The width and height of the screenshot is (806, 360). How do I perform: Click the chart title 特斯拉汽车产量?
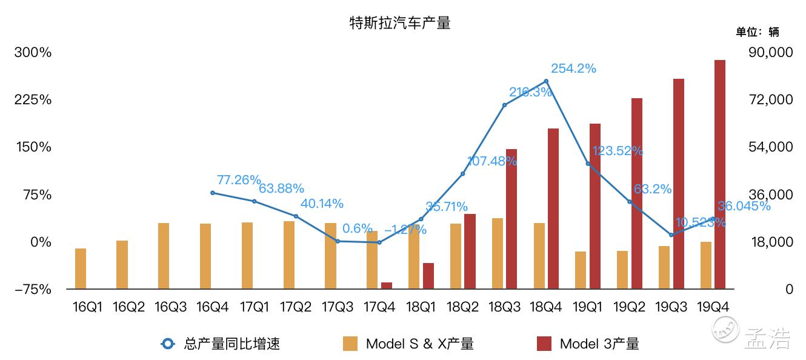pyautogui.click(x=400, y=24)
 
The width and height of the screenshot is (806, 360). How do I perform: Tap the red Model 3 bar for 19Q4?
pyautogui.click(x=719, y=175)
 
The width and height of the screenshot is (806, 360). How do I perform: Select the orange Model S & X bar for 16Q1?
pyautogui.click(x=81, y=268)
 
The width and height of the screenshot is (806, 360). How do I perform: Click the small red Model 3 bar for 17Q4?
pyautogui.click(x=387, y=285)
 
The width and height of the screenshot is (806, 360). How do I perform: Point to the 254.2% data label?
pyautogui.click(x=573, y=68)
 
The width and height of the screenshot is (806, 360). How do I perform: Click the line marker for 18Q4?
pyautogui.click(x=546, y=81)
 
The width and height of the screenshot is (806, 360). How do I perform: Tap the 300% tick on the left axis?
pyautogui.click(x=33, y=52)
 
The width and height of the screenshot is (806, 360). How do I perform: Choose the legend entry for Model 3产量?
pyautogui.click(x=599, y=344)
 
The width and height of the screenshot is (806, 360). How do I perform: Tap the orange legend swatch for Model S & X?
pyautogui.click(x=350, y=344)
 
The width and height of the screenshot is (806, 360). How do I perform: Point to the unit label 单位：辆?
pyautogui.click(x=758, y=32)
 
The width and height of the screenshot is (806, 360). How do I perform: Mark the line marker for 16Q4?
pyautogui.click(x=213, y=193)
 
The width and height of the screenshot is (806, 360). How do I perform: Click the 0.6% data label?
pyautogui.click(x=357, y=228)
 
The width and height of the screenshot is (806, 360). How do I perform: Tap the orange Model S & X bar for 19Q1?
pyautogui.click(x=581, y=270)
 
